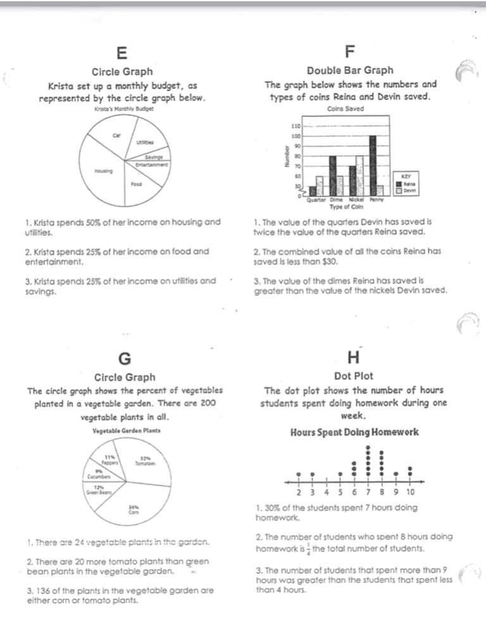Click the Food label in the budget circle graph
pyautogui.click(x=136, y=184)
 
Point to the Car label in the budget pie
pyautogui.click(x=116, y=135)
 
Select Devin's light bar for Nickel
pyautogui.click(x=359, y=175)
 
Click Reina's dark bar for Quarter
pyautogui.click(x=313, y=191)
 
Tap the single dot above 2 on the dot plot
pyautogui.click(x=298, y=473)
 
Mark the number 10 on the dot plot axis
pyautogui.click(x=410, y=492)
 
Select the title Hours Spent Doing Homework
pyautogui.click(x=354, y=433)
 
